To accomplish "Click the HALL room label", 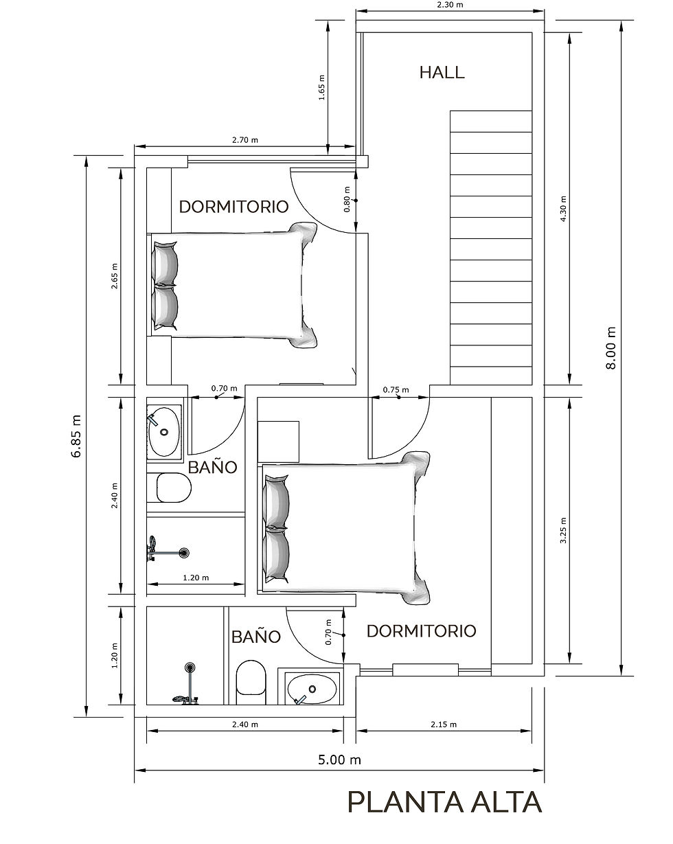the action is coord(442,73).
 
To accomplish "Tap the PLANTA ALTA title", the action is coord(445,802).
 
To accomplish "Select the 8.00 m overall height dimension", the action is coord(611,348).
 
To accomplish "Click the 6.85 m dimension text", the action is coord(76,436).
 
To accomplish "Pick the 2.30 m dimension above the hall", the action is coord(450,5).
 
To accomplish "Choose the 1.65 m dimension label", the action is coord(321,88).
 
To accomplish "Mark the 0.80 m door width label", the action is coord(347,199).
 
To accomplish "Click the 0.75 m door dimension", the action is coord(396,390).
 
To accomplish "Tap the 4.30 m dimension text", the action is coord(563,209).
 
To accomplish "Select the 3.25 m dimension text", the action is coord(563,530).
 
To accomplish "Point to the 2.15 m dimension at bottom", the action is coord(444,725).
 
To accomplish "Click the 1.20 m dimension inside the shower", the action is coord(196,578).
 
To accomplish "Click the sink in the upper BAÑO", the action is coord(164,432).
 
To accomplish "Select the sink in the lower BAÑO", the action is coord(312,689).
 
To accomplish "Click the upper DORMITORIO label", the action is coord(233,207).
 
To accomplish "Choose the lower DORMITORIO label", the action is coord(421,631).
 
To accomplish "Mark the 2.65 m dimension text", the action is coord(114,276).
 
